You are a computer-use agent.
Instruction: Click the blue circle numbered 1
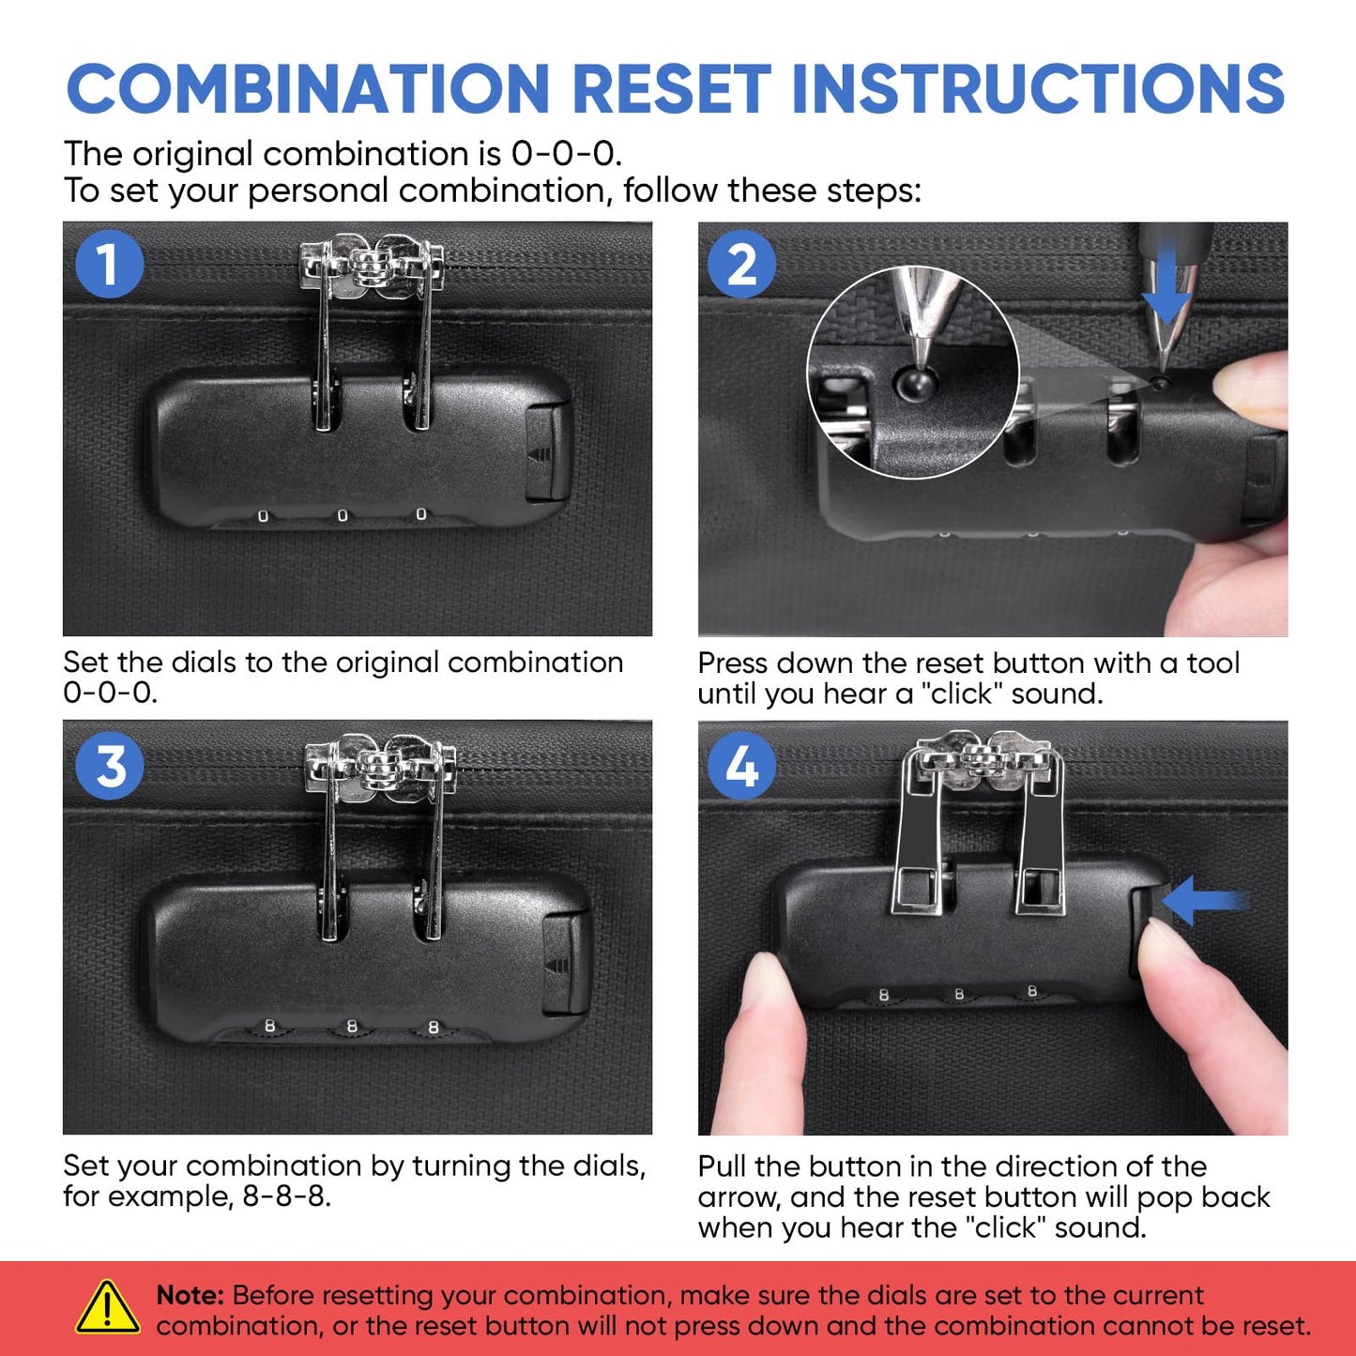click(109, 265)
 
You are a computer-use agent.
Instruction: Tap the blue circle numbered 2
click(741, 265)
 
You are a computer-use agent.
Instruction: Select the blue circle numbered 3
click(109, 765)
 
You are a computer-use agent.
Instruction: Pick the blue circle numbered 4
click(741, 765)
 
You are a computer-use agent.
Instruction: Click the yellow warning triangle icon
click(107, 1307)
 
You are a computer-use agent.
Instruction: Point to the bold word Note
click(190, 1295)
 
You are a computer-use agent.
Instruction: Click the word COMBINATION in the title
click(308, 88)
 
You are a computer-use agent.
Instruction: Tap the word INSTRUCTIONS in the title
click(1038, 88)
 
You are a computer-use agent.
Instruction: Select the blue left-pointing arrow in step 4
click(1205, 900)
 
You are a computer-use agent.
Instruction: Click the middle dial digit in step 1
click(342, 516)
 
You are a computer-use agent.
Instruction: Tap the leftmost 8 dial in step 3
click(269, 1026)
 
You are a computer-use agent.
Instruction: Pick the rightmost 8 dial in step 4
click(1032, 991)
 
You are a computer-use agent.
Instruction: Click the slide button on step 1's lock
click(547, 451)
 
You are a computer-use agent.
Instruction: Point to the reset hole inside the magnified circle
click(916, 381)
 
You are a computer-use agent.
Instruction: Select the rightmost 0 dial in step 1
click(420, 514)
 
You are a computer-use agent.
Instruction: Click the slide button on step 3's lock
click(567, 964)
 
